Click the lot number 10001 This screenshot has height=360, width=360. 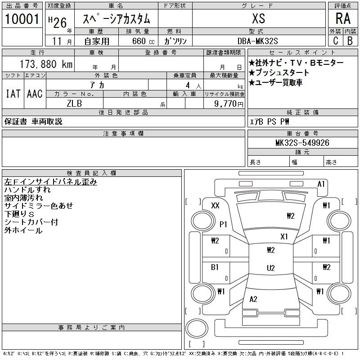22,19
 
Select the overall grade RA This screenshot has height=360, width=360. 343,18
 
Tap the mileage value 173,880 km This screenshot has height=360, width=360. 46,64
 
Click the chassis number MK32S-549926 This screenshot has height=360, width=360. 302,143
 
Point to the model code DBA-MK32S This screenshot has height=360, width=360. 257,41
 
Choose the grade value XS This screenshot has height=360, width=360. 259,18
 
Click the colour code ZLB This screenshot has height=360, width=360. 74,103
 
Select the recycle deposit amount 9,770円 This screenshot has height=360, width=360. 229,104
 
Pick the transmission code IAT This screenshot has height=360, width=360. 13,94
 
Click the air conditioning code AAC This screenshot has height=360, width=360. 35,94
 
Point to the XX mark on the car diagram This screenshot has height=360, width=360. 216,206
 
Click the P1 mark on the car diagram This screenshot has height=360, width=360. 223,224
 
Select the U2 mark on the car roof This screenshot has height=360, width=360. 271,268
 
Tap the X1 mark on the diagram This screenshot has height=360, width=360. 284,237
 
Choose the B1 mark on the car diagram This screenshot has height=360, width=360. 215,267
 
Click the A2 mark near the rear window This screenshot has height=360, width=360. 253,299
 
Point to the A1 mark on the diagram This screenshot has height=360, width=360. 321,184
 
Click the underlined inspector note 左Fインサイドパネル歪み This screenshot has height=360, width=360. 50,182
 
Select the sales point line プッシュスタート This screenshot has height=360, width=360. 279,72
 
